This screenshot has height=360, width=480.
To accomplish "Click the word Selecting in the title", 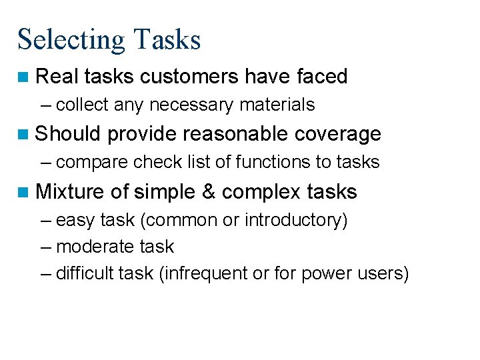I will pyautogui.click(x=71, y=40).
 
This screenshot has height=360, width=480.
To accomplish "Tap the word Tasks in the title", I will pyautogui.click(x=167, y=39).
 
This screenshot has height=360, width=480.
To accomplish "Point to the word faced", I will pyautogui.click(x=322, y=77).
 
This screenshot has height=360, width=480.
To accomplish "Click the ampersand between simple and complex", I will pyautogui.click(x=209, y=192).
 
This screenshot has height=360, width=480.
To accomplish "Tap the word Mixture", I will pyautogui.click(x=70, y=192).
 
